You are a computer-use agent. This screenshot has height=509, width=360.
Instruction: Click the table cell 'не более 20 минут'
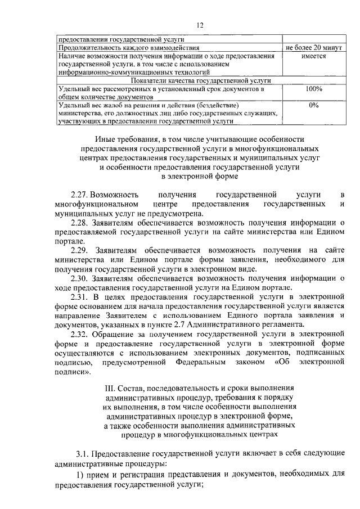point(313,47)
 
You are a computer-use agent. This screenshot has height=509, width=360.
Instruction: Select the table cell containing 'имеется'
point(313,56)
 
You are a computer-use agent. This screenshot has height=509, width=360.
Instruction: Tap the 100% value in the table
point(313,89)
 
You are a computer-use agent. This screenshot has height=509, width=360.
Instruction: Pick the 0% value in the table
point(313,105)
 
